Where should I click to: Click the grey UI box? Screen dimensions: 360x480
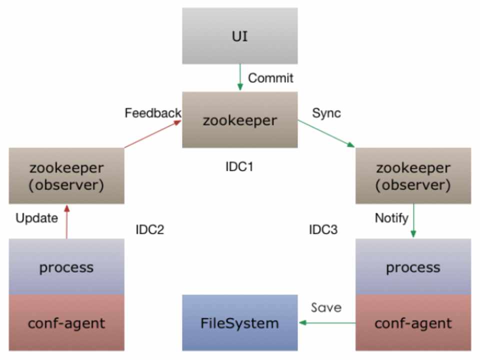(239, 35)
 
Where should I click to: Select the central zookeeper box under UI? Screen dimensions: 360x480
(239, 119)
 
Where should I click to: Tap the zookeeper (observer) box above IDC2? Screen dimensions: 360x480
(66, 175)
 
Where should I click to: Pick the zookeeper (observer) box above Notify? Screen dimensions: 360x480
(413, 175)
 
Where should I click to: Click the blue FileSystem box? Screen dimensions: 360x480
(239, 322)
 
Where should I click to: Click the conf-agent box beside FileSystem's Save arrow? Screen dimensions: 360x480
(413, 322)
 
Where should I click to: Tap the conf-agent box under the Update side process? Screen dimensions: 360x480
(66, 322)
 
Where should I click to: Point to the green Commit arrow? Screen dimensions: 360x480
(240, 77)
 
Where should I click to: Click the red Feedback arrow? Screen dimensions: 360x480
(152, 134)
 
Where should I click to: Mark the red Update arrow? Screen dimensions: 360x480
(66, 221)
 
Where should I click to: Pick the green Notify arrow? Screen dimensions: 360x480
(413, 221)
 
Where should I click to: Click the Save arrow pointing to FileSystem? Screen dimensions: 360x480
(327, 323)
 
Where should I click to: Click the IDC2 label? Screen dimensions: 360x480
(149, 230)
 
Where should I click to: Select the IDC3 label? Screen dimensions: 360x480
(323, 230)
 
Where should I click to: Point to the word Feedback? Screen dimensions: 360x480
(152, 113)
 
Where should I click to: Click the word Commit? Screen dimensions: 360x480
(270, 78)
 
